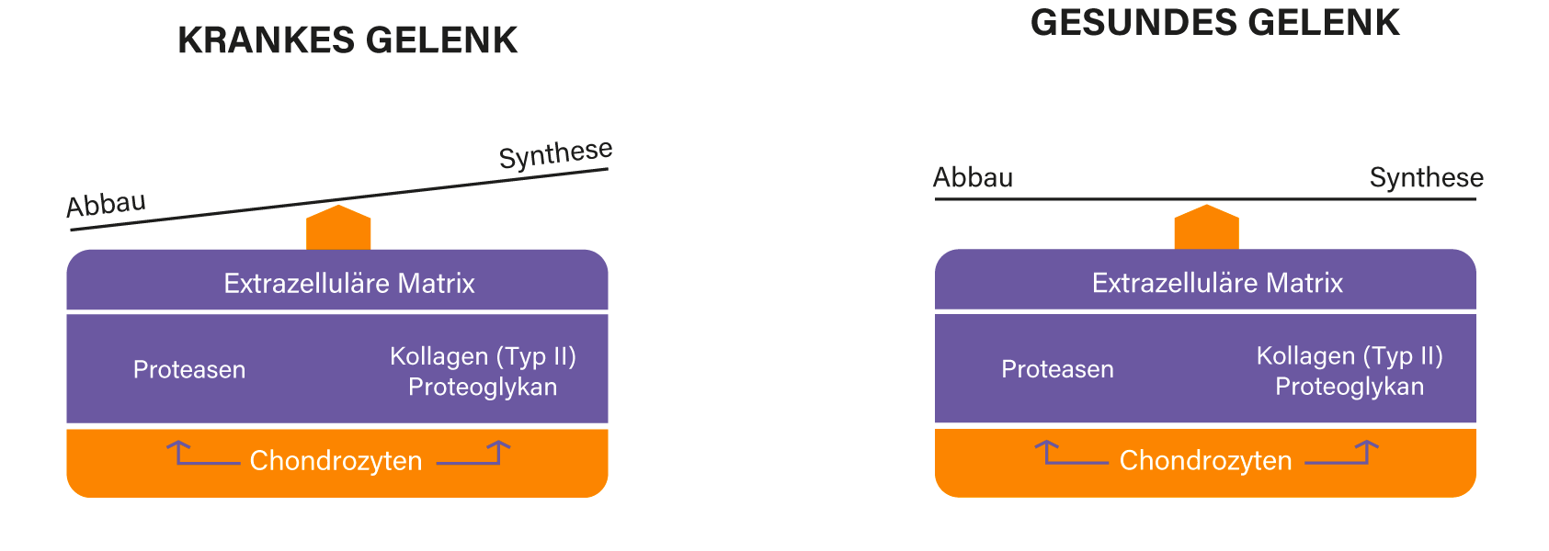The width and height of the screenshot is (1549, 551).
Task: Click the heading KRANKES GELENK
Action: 347,40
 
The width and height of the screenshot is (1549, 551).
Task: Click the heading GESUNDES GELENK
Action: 1214,22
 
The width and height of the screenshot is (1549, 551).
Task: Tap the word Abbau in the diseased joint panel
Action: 106,204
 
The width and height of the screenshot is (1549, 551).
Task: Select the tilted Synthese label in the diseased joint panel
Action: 555,153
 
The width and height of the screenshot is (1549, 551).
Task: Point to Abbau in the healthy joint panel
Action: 973,177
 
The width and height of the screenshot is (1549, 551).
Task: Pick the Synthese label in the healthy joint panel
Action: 1426,177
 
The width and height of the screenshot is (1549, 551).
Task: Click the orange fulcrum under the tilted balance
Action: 338,228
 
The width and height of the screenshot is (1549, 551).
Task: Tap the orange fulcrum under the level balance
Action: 1206,228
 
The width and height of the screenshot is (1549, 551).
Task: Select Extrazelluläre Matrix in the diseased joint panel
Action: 349,283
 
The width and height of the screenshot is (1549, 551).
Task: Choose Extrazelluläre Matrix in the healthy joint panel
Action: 1217,283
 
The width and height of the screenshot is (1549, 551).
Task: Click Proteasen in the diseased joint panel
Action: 189,369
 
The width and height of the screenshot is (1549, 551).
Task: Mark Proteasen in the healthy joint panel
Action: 1057,369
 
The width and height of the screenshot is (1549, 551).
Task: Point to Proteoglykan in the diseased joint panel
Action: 483,387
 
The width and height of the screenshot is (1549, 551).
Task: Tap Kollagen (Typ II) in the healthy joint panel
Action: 1350,355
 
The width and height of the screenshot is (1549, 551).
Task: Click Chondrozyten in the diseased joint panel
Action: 336,460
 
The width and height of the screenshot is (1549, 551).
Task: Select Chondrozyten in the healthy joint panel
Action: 1205,460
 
